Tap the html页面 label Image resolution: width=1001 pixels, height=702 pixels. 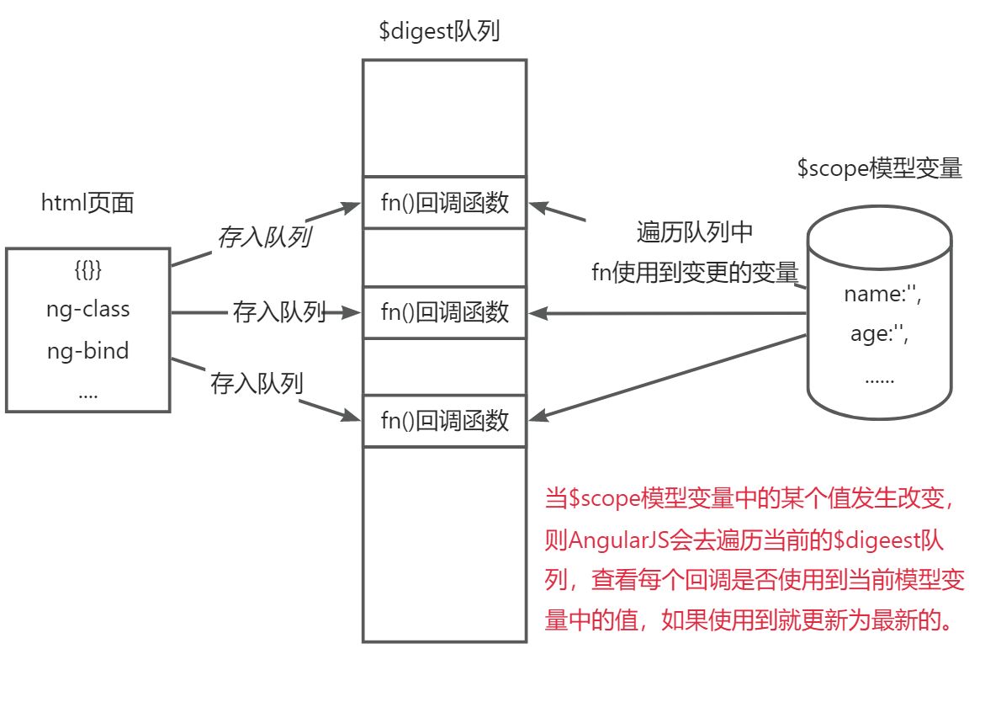[87, 203]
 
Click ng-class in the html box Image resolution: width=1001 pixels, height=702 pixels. [88, 309]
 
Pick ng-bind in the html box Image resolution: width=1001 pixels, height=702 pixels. [88, 349]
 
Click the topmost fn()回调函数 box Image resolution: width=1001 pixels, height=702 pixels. [445, 203]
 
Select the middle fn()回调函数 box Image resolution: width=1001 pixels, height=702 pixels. [445, 312]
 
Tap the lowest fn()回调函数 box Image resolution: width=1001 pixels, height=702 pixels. [445, 420]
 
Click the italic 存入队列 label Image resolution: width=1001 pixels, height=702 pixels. [264, 237]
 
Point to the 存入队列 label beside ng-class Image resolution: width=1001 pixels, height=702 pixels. [279, 313]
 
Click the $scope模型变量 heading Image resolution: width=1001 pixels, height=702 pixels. [879, 168]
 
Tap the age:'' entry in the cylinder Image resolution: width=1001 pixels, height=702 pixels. [880, 334]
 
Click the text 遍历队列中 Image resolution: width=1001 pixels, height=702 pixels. [694, 233]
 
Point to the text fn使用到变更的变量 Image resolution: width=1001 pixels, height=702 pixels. [695, 272]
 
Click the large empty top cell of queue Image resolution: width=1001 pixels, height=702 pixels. [445, 118]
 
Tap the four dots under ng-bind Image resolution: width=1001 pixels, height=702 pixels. [87, 391]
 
